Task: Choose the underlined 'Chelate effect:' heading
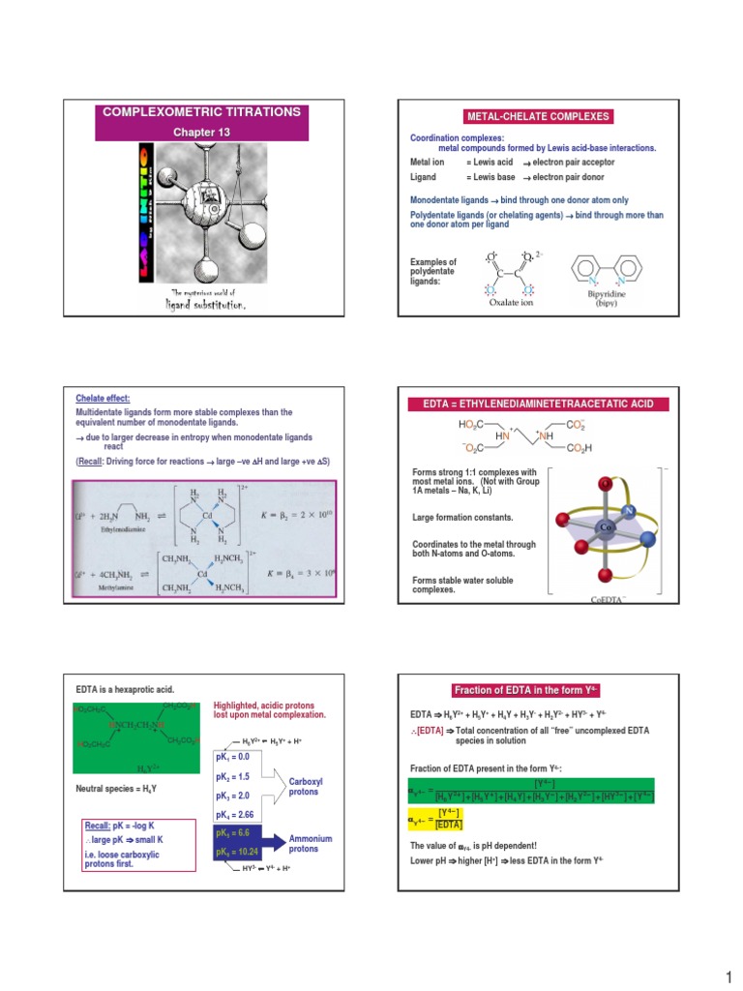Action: tap(103, 398)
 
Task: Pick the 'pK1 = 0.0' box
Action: tap(245, 756)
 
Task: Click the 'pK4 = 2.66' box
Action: tap(247, 815)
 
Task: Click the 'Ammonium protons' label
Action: tap(311, 843)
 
